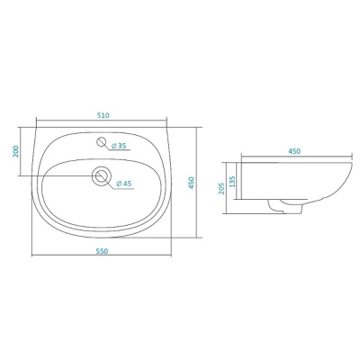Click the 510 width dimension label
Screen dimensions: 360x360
(103, 115)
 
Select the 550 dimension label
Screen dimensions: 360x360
(102, 251)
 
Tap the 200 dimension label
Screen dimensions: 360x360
(16, 151)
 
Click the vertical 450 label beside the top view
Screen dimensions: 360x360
(192, 183)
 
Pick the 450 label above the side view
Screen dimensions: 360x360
(294, 151)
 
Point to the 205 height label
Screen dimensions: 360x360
(221, 188)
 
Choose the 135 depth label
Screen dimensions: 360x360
(232, 182)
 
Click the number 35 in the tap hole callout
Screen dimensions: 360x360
(121, 146)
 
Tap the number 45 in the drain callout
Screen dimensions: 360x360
(128, 184)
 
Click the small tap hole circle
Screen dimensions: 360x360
(102, 141)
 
